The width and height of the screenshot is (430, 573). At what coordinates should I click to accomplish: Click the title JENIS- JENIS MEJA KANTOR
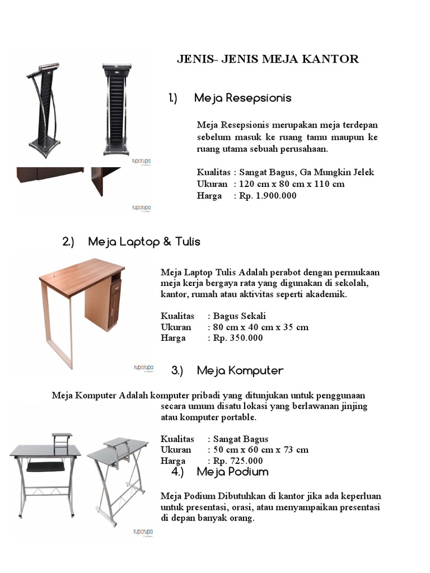(268, 59)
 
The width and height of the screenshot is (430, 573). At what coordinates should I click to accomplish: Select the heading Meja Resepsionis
(242, 98)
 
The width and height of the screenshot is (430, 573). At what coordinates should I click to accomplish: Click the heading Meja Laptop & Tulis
(144, 242)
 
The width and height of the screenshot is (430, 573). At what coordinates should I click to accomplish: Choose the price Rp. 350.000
(237, 338)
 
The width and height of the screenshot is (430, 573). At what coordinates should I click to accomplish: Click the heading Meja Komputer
(240, 370)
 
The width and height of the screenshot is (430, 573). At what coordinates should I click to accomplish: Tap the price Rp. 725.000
(237, 461)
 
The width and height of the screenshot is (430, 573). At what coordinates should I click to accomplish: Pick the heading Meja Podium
(232, 471)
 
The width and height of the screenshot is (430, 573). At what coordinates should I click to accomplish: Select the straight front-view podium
(116, 109)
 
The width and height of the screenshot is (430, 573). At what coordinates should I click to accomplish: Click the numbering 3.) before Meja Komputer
(177, 370)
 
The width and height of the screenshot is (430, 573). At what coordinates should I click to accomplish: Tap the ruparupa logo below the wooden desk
(142, 368)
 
